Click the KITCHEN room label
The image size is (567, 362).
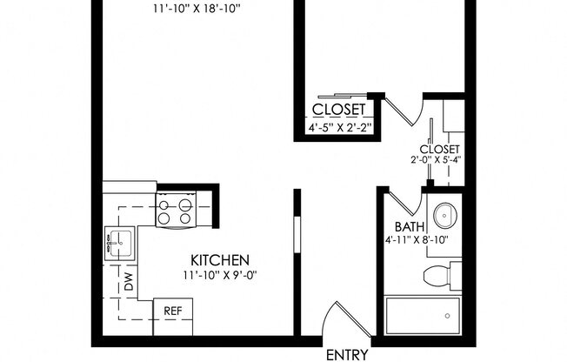pos(222,260)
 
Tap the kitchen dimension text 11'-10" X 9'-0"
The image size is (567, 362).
pos(221,276)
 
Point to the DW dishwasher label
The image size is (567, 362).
pos(129,281)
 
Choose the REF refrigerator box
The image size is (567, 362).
pos(172,311)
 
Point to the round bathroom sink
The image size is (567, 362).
pos(446,214)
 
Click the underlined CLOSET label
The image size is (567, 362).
pos(342,111)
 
